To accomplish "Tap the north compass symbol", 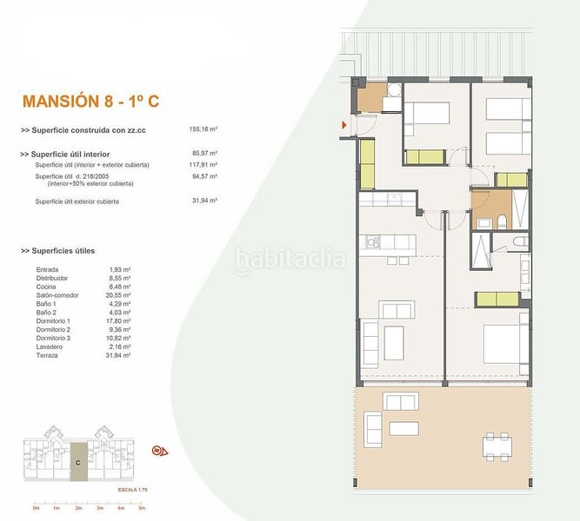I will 159,451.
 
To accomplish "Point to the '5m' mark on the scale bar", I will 141,508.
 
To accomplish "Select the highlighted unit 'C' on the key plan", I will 78,461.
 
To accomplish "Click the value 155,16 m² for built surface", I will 203,130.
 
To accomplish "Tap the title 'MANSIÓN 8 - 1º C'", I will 89,101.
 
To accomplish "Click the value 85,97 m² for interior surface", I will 203,154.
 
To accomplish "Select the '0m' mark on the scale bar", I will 36,508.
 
